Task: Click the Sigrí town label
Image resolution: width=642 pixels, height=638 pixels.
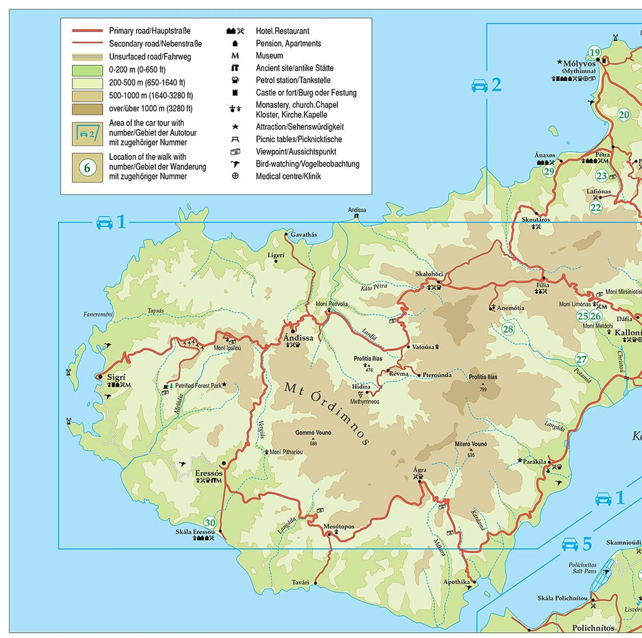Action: pyautogui.click(x=116, y=377)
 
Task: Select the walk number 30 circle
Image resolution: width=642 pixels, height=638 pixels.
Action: pyautogui.click(x=210, y=521)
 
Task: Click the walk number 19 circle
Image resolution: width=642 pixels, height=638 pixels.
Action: pyautogui.click(x=594, y=53)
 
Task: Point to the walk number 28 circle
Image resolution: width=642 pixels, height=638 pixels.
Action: pyautogui.click(x=508, y=329)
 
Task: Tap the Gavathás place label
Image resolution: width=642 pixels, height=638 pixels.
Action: pyautogui.click(x=304, y=234)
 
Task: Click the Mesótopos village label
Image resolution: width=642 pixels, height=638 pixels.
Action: pyautogui.click(x=339, y=526)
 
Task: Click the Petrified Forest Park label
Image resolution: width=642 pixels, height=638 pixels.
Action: pyautogui.click(x=198, y=385)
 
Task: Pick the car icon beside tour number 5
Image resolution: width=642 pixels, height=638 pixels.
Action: pyautogui.click(x=570, y=543)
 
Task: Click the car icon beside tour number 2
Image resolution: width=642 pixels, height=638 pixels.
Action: pyautogui.click(x=480, y=86)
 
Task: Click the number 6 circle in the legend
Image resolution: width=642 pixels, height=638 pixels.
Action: pyautogui.click(x=87, y=168)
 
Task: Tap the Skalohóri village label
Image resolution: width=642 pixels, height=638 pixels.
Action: pyautogui.click(x=429, y=274)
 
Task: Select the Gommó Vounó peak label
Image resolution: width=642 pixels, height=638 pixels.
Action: pyautogui.click(x=313, y=433)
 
